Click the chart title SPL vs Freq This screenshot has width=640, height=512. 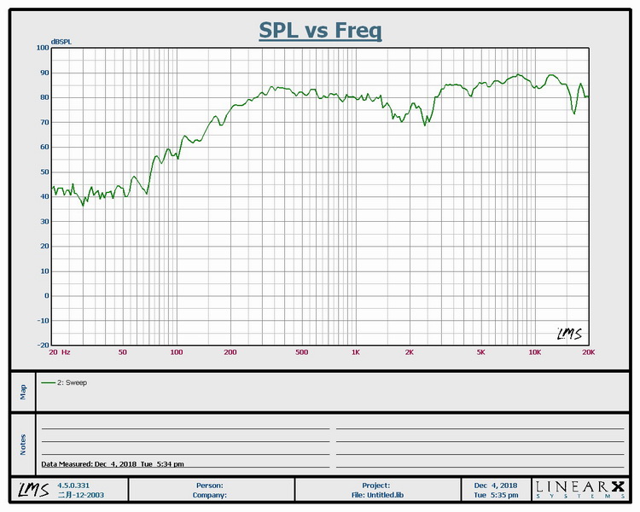coord(320,31)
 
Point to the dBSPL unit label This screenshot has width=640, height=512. coord(61,41)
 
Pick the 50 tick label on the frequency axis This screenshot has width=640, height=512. coord(123,352)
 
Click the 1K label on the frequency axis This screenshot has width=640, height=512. coord(356,352)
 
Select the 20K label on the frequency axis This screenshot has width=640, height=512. coord(588,352)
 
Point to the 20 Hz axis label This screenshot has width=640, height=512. coord(59,352)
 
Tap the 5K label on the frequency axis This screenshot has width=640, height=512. coord(481,352)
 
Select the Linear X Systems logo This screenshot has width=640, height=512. coord(579,489)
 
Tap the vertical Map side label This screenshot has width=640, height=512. coord(23,391)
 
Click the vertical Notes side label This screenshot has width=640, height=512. coord(23,443)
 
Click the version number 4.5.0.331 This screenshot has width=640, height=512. coord(73,485)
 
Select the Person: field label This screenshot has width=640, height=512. coord(210,485)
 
